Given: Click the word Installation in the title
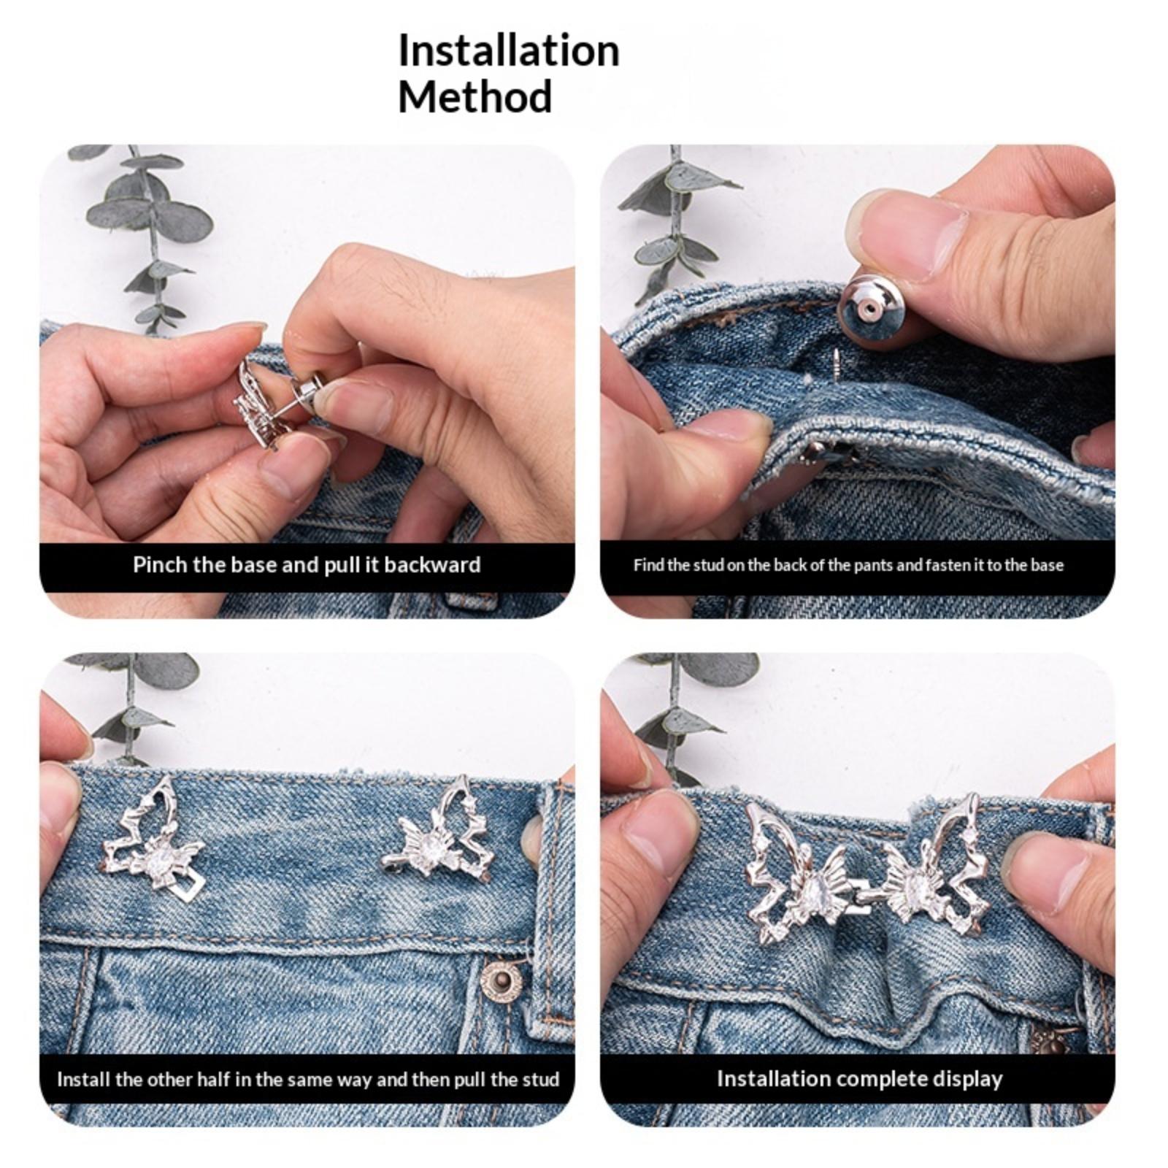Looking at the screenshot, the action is pos(509,51).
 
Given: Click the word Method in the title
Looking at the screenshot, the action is pos(474,97).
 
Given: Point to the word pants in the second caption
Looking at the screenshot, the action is pos(848,566).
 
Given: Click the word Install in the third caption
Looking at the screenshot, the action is pos(82,1080).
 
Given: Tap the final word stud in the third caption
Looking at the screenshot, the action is pos(542,1080).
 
